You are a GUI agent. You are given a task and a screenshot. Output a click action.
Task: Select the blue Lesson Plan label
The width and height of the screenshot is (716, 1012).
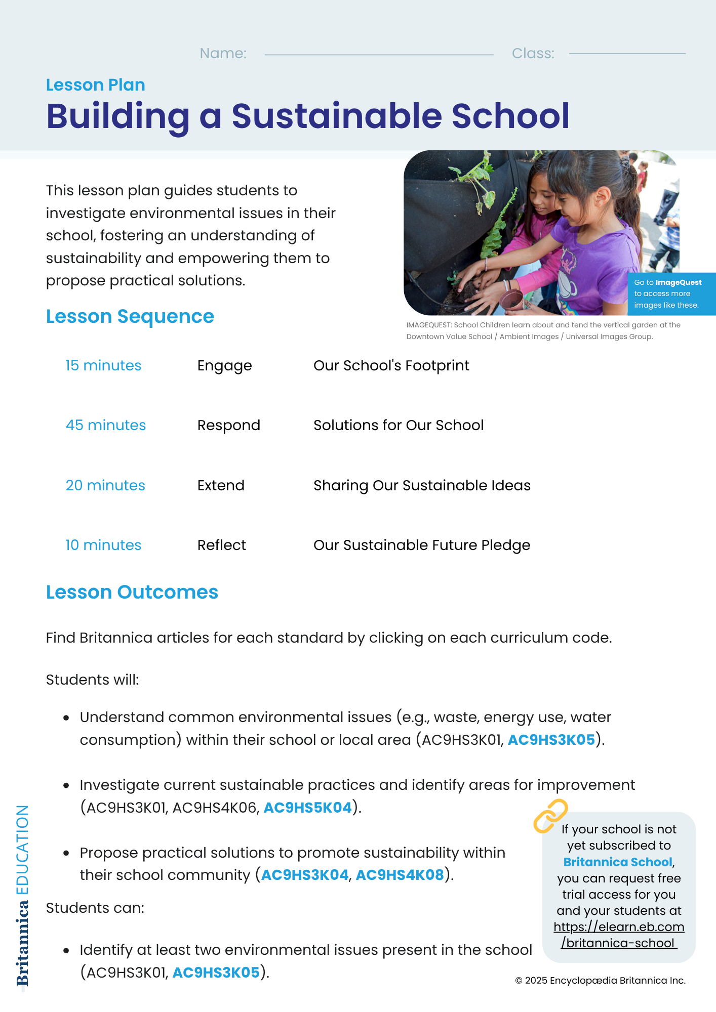(x=96, y=85)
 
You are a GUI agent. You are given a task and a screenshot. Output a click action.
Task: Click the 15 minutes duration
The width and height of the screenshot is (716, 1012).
(x=103, y=365)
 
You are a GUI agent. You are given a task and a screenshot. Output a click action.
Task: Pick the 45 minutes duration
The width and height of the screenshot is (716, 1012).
(x=106, y=425)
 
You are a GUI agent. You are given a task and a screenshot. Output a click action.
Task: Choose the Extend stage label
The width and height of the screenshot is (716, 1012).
(x=221, y=485)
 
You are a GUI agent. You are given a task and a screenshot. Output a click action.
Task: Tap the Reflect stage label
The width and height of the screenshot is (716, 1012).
(x=222, y=545)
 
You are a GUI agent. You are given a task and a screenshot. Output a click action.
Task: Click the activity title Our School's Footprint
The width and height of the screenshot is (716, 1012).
(x=391, y=365)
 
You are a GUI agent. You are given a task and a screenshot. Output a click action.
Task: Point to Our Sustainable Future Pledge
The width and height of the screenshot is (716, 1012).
(x=422, y=545)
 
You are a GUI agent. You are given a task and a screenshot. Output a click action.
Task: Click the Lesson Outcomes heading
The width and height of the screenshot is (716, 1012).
(x=132, y=592)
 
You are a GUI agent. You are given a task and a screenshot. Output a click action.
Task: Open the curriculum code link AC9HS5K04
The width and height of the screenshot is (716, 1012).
(x=308, y=808)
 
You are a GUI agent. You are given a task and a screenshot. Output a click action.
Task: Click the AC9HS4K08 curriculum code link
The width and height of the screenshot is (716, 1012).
(x=400, y=875)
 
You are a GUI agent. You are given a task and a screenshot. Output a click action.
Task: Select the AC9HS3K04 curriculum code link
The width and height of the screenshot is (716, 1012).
(x=305, y=875)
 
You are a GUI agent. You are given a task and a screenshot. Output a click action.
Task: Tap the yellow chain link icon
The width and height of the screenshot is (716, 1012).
(x=550, y=816)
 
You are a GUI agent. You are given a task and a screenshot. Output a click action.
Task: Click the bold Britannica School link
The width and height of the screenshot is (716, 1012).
(x=618, y=862)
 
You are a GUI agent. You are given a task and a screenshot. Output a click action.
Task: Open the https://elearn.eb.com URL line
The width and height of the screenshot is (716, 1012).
(x=619, y=927)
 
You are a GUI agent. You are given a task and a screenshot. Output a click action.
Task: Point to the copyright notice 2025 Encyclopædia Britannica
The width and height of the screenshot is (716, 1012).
(x=601, y=981)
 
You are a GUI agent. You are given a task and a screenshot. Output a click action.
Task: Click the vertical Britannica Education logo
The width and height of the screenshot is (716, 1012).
(x=23, y=896)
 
